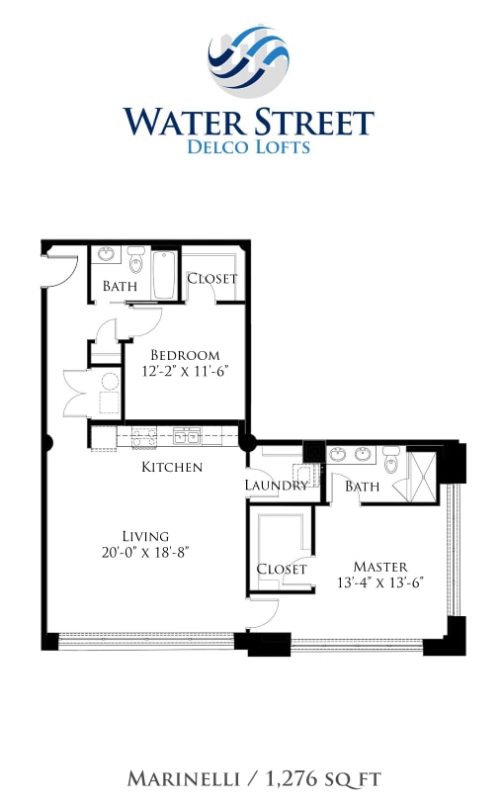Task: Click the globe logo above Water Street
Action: pos(248,61)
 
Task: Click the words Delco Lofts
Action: pos(248,147)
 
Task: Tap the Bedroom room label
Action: pos(185,355)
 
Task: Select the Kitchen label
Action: pos(172,467)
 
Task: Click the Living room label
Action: pos(145,536)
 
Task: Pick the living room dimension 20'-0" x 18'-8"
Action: pos(145,553)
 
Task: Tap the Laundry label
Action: pos(278,486)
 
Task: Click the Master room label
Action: pos(379,567)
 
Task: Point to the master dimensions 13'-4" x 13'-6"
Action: pos(380,583)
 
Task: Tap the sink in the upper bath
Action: pos(106,255)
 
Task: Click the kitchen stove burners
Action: pos(144,435)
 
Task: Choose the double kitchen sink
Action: pos(186,435)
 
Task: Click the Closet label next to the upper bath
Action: pos(211,278)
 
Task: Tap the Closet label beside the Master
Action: pos(281,569)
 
